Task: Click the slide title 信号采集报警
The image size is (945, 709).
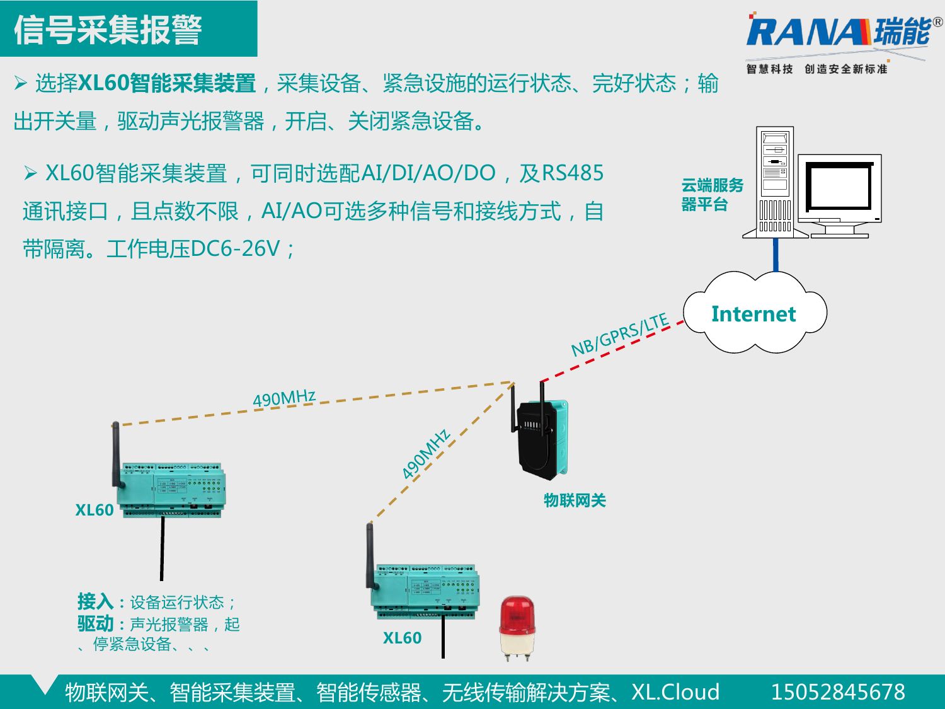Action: click(108, 30)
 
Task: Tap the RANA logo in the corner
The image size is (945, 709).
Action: click(838, 33)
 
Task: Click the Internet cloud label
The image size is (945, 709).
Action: click(753, 314)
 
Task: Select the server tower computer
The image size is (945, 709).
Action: click(775, 183)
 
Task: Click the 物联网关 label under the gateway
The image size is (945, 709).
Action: click(575, 500)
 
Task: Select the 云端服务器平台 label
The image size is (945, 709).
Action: click(712, 195)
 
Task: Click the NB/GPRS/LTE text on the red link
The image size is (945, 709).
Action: click(620, 335)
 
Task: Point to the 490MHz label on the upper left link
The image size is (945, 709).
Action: click(284, 398)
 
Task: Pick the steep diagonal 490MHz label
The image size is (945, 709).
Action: click(427, 453)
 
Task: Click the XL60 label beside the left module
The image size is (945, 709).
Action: click(94, 510)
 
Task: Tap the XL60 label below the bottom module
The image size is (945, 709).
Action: click(402, 638)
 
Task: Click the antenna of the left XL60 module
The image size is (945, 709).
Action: click(116, 454)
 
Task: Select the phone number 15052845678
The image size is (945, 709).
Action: click(838, 692)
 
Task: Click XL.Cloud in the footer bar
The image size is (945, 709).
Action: click(675, 692)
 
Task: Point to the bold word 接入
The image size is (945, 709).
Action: click(95, 601)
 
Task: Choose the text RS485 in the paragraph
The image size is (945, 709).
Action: click(573, 173)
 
